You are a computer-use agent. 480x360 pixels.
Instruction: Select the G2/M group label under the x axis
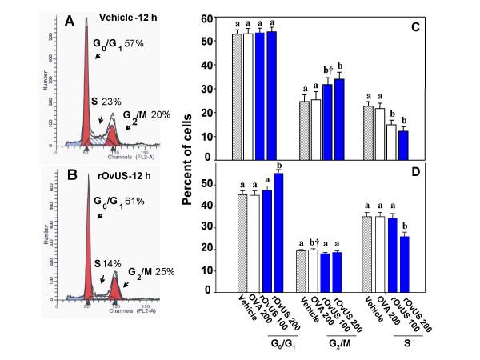(x=340, y=345)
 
